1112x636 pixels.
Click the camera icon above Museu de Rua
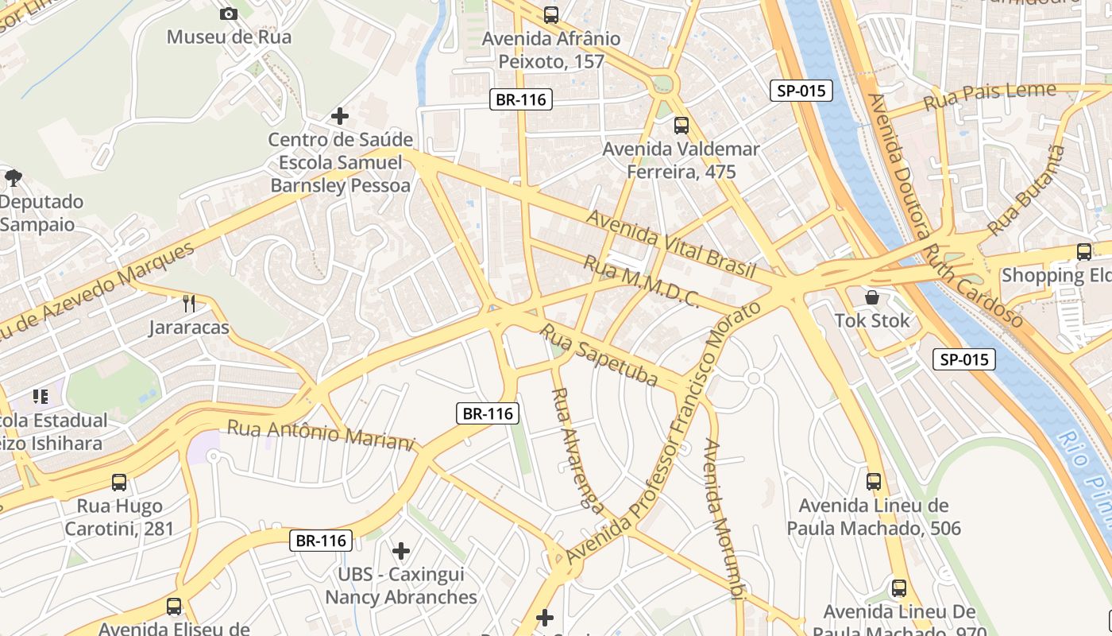tap(228, 14)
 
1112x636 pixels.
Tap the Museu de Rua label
tap(229, 37)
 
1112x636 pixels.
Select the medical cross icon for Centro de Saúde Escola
tap(340, 116)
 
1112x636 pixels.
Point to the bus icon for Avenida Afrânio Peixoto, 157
tap(550, 14)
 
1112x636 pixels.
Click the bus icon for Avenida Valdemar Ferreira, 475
tap(681, 125)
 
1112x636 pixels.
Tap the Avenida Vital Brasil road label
tap(671, 243)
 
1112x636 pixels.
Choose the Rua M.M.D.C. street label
tap(642, 281)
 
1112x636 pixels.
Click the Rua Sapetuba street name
tap(600, 355)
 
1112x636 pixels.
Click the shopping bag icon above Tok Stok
tap(872, 297)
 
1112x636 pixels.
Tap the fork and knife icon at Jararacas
tap(189, 303)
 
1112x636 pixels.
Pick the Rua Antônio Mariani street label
tap(321, 435)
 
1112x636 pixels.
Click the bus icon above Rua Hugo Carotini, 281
tap(119, 482)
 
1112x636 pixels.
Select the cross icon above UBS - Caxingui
tap(401, 550)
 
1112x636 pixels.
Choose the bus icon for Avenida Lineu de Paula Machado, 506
tap(874, 481)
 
